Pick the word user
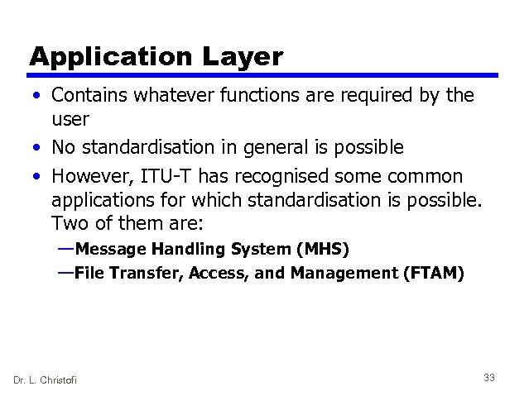[70, 119]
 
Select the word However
[90, 177]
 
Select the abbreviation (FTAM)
[433, 273]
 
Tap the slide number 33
[488, 378]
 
